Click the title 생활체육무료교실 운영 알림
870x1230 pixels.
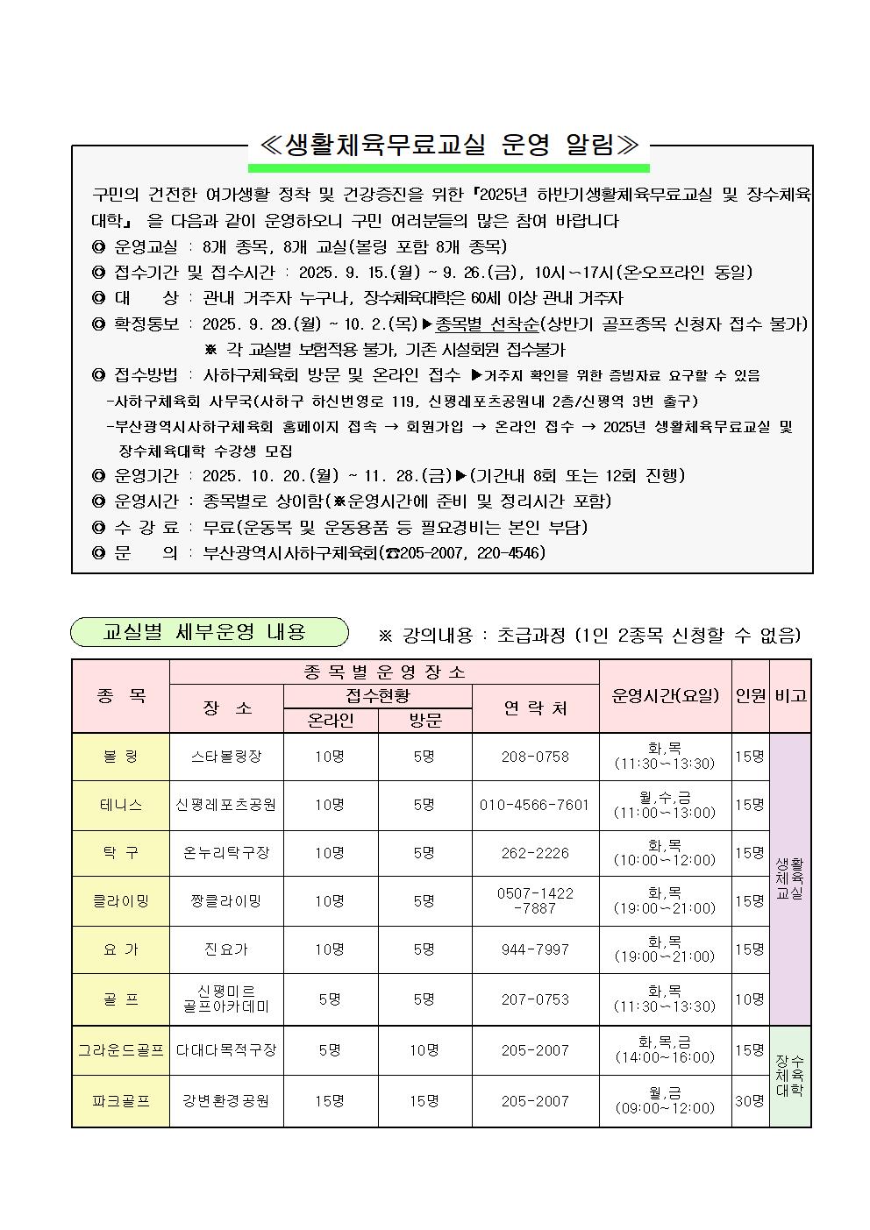(x=448, y=145)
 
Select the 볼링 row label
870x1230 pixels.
(x=121, y=756)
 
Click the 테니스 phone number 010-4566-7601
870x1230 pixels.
(x=534, y=804)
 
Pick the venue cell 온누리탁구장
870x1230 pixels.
(x=226, y=852)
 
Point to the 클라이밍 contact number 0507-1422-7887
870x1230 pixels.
(x=534, y=900)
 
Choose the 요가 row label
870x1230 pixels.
(x=121, y=949)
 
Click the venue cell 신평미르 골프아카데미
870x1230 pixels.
(x=226, y=999)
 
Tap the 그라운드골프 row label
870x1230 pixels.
(x=121, y=1049)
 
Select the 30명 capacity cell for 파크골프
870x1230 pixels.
(x=750, y=1100)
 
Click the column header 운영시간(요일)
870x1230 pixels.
(x=665, y=695)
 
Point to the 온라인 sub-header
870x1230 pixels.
(x=330, y=720)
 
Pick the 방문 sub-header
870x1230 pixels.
(x=424, y=720)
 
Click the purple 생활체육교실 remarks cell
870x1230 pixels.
(x=789, y=878)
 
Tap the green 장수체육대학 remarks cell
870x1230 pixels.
(x=789, y=1076)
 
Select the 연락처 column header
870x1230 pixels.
(x=534, y=707)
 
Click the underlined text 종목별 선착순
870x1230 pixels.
(x=487, y=323)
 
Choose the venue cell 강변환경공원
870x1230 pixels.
(x=226, y=1100)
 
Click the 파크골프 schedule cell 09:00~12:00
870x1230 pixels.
(x=665, y=1101)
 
